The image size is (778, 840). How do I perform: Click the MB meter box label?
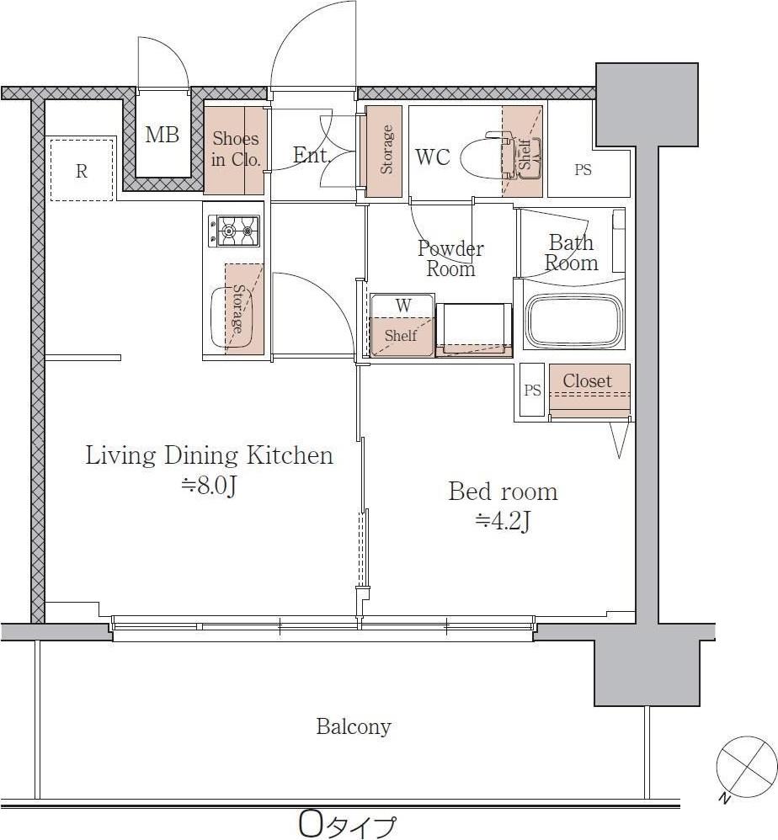162,135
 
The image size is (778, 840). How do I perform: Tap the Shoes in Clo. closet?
235,151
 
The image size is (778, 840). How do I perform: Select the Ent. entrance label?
312,156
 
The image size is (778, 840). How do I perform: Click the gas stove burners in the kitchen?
233,231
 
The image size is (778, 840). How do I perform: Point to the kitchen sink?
232,317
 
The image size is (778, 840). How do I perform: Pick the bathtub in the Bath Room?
574,321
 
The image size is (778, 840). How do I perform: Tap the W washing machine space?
402,325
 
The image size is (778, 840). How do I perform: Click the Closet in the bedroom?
589,391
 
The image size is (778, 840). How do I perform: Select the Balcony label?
354,726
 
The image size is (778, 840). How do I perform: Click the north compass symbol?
746,766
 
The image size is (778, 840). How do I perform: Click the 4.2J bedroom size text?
503,521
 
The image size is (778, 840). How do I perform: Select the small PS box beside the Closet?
532,390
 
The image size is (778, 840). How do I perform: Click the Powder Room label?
450,258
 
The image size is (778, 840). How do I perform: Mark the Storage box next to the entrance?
384,151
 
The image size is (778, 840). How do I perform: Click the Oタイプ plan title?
348,826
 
